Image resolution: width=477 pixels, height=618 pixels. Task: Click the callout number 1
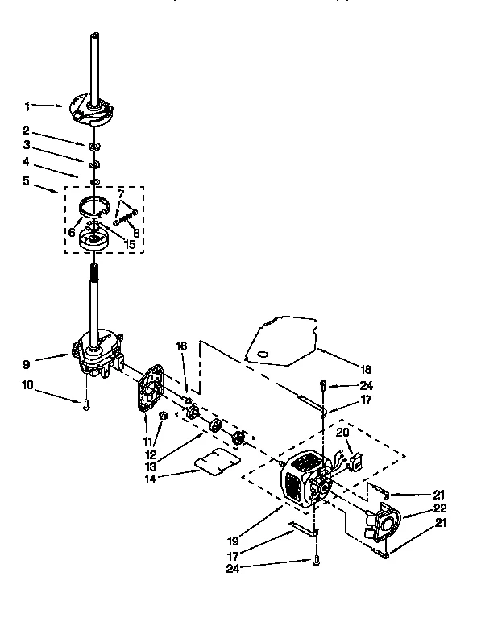(x=27, y=105)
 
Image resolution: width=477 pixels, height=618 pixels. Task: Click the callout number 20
(x=343, y=432)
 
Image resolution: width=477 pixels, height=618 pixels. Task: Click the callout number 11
(x=148, y=442)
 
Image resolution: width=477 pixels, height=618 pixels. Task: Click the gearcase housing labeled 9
(x=98, y=350)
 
